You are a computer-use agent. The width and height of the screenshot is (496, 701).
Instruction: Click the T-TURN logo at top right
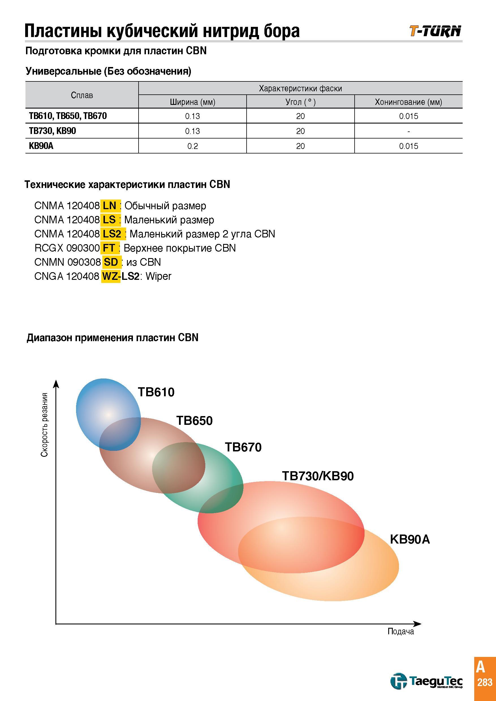tap(435, 31)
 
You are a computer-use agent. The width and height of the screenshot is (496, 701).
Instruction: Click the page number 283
tap(485, 682)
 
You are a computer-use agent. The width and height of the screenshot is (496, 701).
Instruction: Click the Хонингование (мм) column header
tap(408, 102)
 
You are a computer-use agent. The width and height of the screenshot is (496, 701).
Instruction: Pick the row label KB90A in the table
tap(41, 146)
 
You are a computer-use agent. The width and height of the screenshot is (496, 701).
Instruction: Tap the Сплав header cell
tap(82, 95)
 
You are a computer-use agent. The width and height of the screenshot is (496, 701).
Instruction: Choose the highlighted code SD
tap(111, 262)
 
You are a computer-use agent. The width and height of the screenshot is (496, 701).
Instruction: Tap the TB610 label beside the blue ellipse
tap(156, 392)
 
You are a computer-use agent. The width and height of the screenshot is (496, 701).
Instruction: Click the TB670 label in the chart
tap(243, 447)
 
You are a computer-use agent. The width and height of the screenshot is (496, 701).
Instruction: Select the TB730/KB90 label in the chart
tap(318, 476)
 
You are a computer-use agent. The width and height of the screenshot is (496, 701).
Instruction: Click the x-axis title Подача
tap(401, 631)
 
